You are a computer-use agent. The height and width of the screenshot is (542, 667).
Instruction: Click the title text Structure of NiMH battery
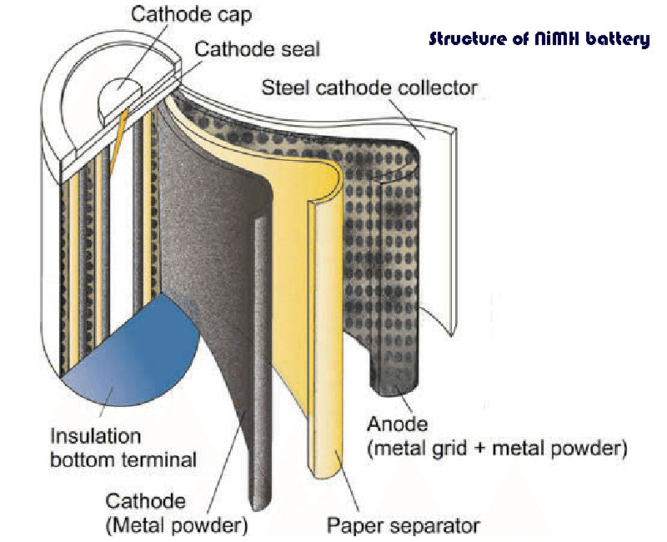pos(539,39)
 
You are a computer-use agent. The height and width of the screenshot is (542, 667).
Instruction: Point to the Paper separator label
pos(404,526)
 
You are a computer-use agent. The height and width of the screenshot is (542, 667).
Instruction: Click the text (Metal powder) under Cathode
pos(177,526)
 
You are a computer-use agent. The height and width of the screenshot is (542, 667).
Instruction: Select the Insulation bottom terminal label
pos(123,447)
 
